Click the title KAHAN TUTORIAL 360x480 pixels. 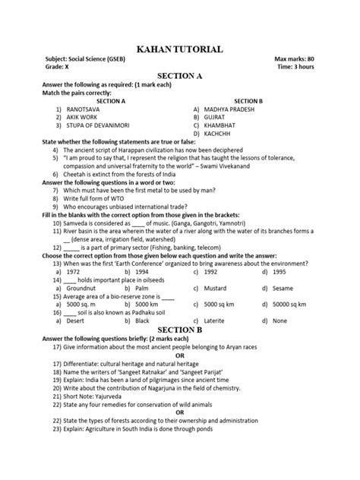click(x=179, y=49)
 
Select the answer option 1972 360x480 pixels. click(x=74, y=271)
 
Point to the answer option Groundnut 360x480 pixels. click(x=81, y=289)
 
